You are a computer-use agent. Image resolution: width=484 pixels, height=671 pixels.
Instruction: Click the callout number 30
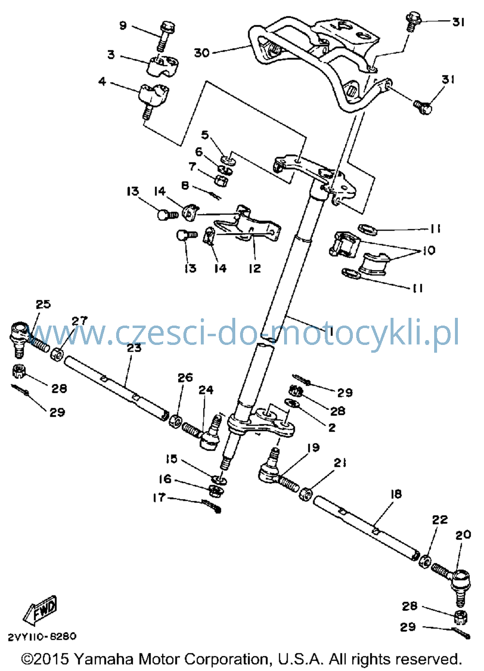[202, 53]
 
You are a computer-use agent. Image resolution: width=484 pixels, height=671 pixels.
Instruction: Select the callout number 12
[255, 268]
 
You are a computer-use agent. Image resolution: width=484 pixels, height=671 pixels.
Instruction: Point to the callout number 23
[134, 348]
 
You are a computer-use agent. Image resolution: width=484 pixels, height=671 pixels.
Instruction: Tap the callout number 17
[159, 506]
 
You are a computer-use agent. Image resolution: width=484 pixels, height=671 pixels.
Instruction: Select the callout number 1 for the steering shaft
[331, 331]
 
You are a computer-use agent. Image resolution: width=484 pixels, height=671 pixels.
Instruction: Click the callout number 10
[429, 250]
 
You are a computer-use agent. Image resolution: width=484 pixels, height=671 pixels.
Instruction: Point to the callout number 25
[44, 304]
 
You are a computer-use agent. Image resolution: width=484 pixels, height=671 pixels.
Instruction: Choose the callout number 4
[103, 81]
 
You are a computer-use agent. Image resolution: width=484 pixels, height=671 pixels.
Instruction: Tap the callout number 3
[111, 55]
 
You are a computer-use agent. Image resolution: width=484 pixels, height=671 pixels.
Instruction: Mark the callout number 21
[340, 463]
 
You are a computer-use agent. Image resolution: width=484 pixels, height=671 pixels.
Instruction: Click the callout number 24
[206, 390]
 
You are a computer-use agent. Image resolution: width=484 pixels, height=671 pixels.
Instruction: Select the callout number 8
[185, 186]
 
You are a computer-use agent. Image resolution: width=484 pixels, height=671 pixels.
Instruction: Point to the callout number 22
[439, 519]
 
